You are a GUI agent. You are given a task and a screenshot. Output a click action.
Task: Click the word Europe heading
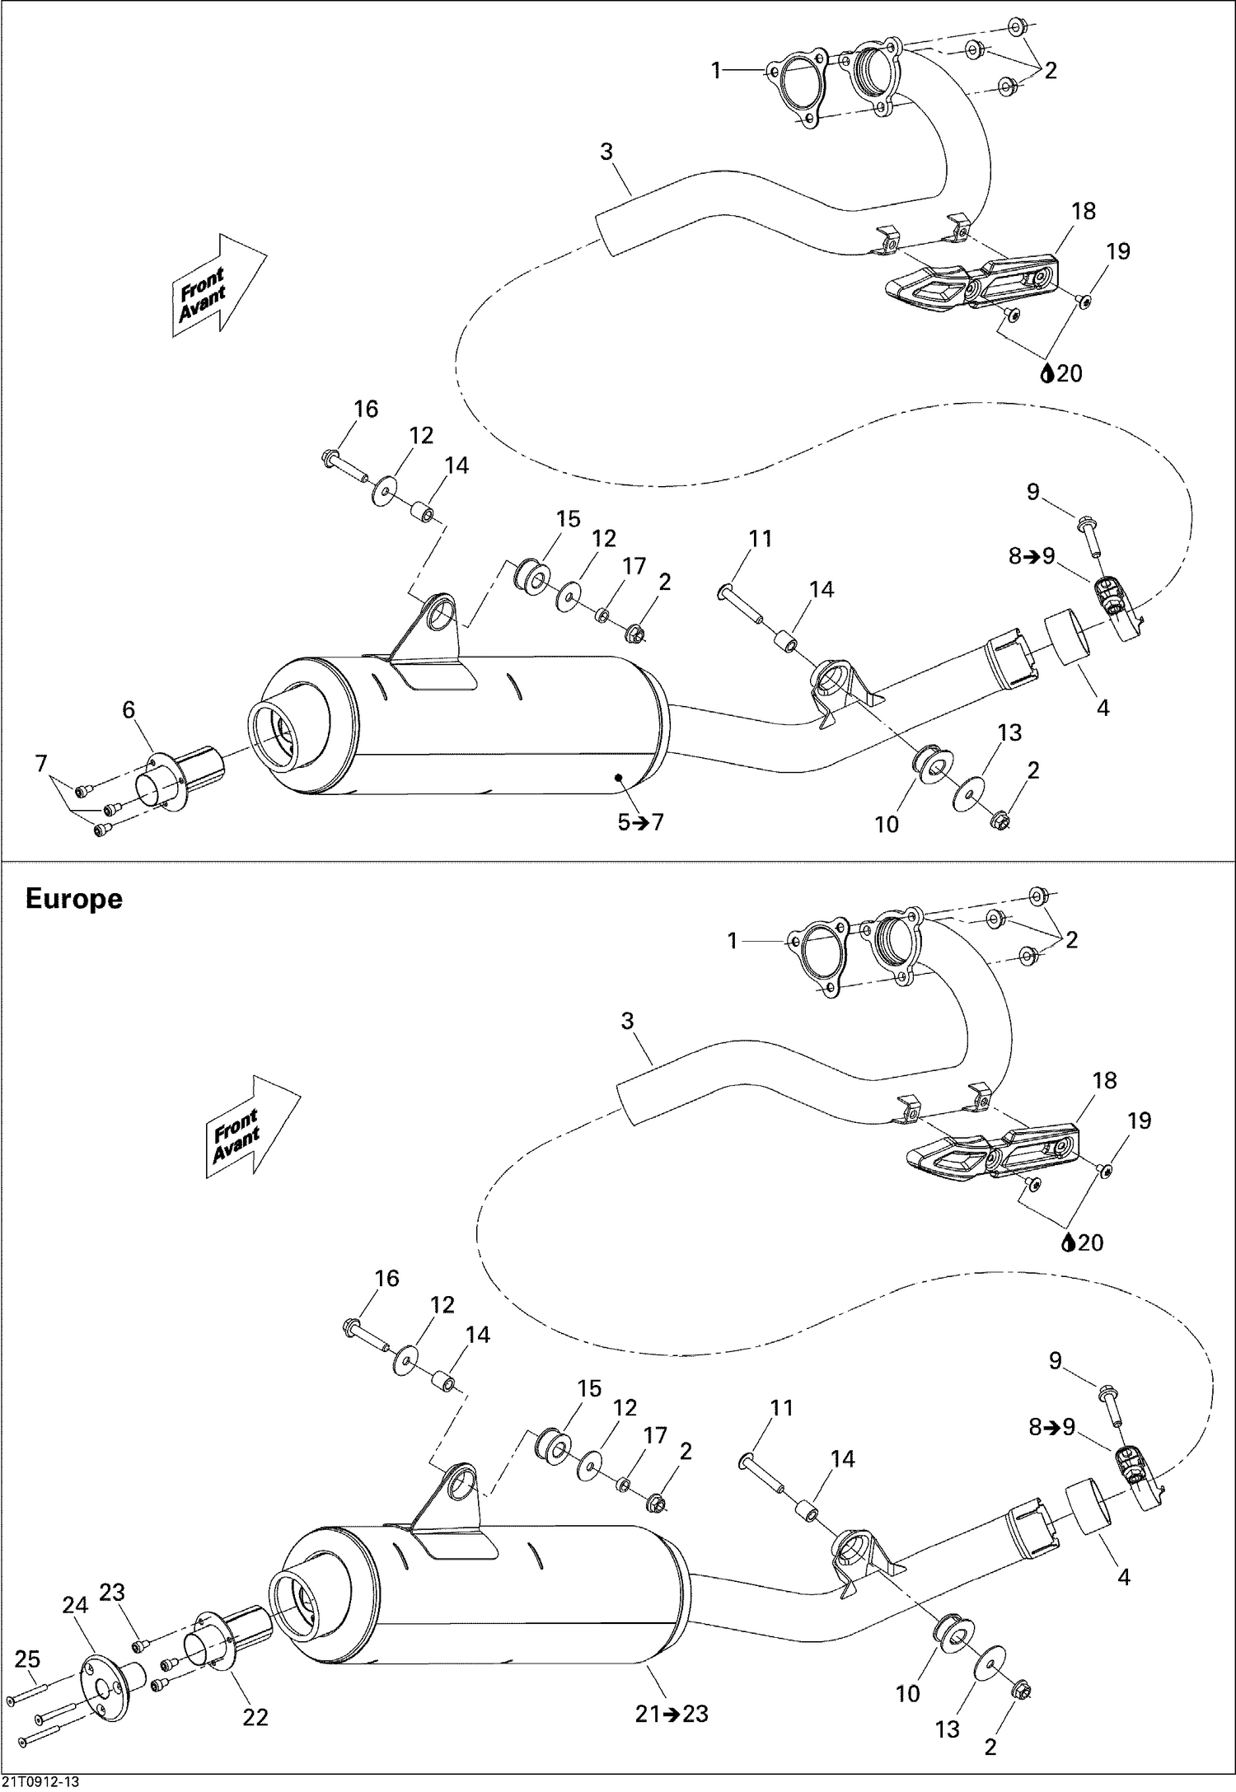(x=73, y=899)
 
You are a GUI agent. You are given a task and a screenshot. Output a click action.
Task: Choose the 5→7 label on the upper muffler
(x=640, y=822)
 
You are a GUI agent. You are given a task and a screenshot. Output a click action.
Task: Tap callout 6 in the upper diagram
(x=129, y=710)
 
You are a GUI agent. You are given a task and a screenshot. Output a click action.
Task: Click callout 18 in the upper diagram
(x=1084, y=211)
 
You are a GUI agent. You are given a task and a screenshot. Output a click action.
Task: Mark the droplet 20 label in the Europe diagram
(x=1083, y=1242)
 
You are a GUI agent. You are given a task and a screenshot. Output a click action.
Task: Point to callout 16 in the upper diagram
(x=366, y=409)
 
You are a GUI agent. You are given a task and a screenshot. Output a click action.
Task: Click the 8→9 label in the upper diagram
(x=1032, y=556)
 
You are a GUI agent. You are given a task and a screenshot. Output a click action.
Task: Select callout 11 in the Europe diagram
(x=781, y=1407)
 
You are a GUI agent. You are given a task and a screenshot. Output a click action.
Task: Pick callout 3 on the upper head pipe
(x=606, y=152)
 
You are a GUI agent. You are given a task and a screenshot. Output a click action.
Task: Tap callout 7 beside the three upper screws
(x=41, y=764)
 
